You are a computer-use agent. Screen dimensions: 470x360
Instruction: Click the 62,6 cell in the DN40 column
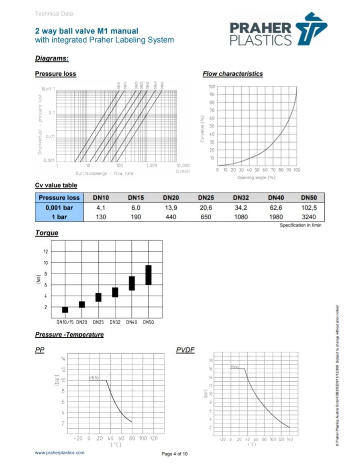click(276, 208)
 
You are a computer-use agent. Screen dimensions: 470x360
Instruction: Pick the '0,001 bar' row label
click(59, 208)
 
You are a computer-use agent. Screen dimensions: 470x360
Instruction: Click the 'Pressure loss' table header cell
click(59, 198)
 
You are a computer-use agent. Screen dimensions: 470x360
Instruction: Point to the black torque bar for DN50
click(148, 275)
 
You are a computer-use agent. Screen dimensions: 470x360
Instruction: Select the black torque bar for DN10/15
click(65, 310)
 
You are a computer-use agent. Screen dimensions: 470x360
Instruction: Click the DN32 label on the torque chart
click(115, 322)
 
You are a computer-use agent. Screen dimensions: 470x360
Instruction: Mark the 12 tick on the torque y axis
click(45, 251)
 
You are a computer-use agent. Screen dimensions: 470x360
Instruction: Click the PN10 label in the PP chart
click(94, 378)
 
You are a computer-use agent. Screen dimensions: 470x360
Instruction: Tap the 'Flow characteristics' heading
click(232, 74)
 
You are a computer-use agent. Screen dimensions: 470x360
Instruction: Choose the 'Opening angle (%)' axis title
click(256, 177)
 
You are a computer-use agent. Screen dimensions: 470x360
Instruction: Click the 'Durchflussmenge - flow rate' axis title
click(104, 173)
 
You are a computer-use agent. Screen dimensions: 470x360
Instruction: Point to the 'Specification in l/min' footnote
click(300, 225)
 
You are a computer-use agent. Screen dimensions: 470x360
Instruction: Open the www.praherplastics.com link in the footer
click(60, 453)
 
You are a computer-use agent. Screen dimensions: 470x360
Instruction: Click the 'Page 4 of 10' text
click(174, 454)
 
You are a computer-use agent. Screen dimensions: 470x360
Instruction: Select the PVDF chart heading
click(185, 350)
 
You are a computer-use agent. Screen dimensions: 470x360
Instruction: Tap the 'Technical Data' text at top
click(54, 14)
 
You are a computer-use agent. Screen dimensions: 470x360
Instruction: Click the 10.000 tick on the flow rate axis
click(183, 165)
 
